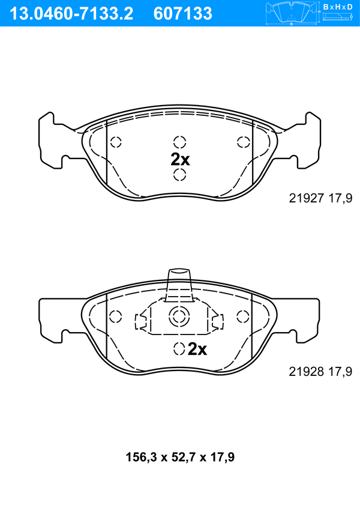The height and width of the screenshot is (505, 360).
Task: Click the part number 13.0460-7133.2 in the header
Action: [71, 14]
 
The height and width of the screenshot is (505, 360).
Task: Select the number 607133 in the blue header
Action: [183, 14]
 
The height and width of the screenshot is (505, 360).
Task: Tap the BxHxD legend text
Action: [338, 7]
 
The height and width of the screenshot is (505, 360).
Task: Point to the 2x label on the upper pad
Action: [180, 159]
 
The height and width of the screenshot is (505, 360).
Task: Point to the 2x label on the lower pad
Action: [197, 348]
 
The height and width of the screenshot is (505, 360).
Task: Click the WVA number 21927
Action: [306, 198]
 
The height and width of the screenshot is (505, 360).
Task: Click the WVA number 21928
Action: [306, 371]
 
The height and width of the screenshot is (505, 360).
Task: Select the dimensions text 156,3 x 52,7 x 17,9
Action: [180, 457]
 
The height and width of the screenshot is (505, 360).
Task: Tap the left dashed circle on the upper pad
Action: [116, 142]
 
